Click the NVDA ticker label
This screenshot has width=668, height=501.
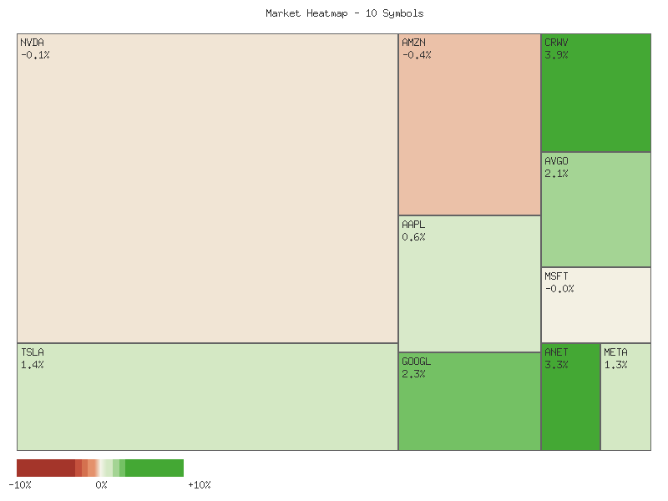click(33, 43)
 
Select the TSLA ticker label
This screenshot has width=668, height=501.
click(33, 352)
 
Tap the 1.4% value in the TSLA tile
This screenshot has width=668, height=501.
click(33, 365)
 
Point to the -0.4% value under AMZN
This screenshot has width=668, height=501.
click(417, 55)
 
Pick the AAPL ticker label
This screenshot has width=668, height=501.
click(413, 225)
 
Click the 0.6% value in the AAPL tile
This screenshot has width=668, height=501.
click(413, 237)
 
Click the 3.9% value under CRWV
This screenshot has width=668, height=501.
click(556, 55)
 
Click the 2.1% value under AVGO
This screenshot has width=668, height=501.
click(556, 174)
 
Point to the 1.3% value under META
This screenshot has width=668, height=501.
click(615, 365)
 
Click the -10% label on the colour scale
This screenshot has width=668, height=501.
click(20, 485)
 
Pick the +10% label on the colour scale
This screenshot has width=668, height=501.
click(199, 485)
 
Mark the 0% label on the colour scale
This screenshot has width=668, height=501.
click(101, 485)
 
